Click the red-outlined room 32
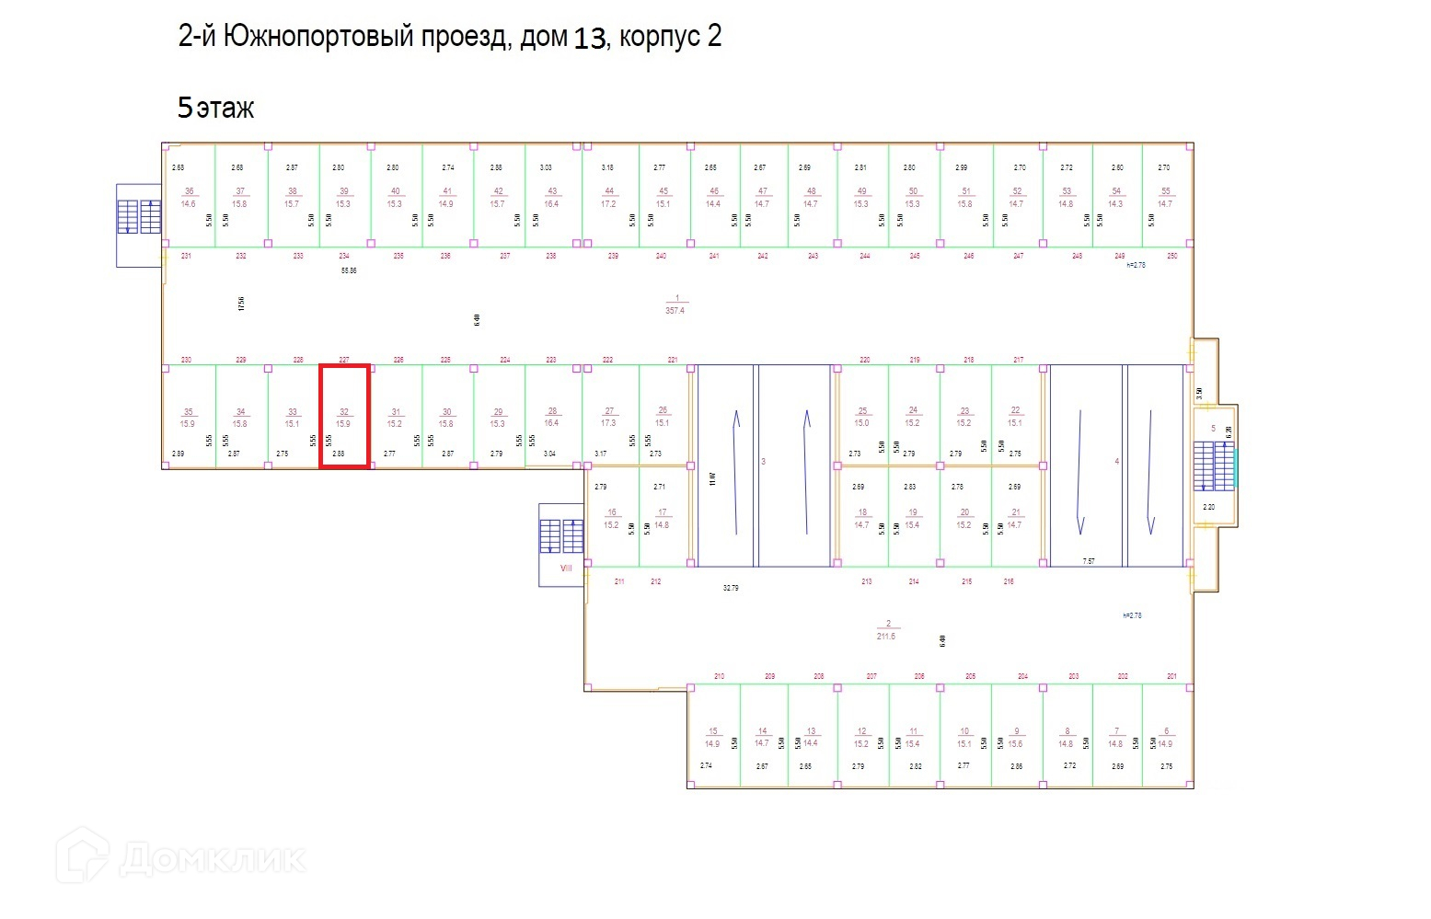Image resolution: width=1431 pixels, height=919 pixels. pyautogui.click(x=344, y=417)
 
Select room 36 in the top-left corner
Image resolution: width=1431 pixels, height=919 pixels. pyautogui.click(x=189, y=197)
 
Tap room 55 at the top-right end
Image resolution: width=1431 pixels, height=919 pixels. pyautogui.click(x=1165, y=197)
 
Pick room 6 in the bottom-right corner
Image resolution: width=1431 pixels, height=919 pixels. pyautogui.click(x=1165, y=737)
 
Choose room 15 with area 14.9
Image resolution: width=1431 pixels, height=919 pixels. pyautogui.click(x=712, y=737)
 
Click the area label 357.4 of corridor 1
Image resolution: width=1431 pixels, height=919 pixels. pyautogui.click(x=675, y=311)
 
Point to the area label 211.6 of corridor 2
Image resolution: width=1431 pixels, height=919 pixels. pyautogui.click(x=886, y=636)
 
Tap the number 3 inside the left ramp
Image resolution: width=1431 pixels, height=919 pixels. pyautogui.click(x=763, y=461)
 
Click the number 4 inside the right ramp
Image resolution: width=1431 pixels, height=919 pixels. pyautogui.click(x=1116, y=461)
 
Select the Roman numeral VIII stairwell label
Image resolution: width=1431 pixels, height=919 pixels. pyautogui.click(x=566, y=568)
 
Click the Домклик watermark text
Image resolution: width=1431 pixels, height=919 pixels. pyautogui.click(x=212, y=859)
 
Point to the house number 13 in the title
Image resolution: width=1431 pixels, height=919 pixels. pyautogui.click(x=589, y=39)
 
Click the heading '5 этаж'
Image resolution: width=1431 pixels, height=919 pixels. pyautogui.click(x=215, y=109)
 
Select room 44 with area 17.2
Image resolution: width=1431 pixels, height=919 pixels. pyautogui.click(x=608, y=197)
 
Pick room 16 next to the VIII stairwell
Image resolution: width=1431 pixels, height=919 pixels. pyautogui.click(x=612, y=519)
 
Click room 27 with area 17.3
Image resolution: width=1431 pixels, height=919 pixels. pyautogui.click(x=608, y=417)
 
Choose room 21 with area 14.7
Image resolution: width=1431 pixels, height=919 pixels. pyautogui.click(x=1015, y=519)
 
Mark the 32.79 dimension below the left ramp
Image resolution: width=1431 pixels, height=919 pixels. pyautogui.click(x=731, y=587)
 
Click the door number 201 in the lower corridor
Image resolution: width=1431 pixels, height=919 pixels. pyautogui.click(x=1171, y=676)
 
